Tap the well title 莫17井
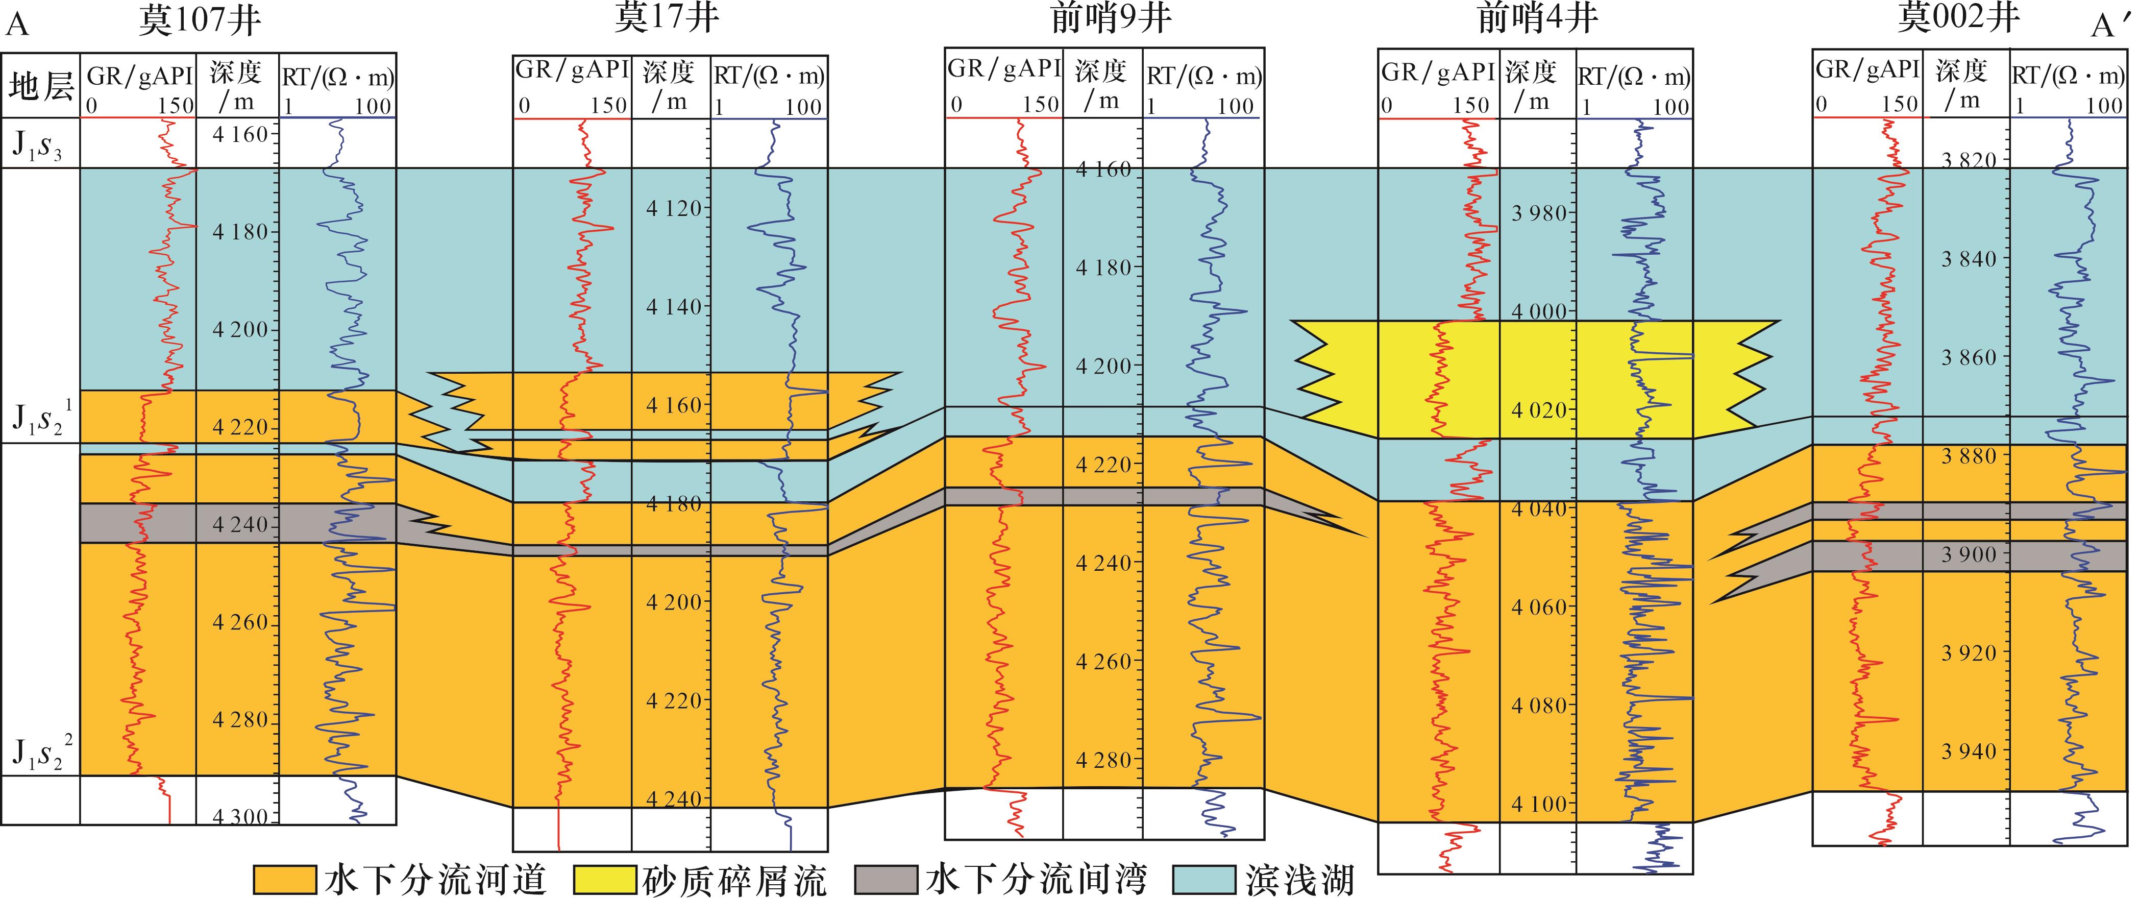tap(666, 18)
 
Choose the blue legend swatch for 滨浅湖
tap(1204, 880)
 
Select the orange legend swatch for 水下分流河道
tap(285, 880)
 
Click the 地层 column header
tap(41, 86)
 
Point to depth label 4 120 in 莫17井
tap(674, 208)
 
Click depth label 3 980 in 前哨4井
tap(1539, 213)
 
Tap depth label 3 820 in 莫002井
tap(1969, 160)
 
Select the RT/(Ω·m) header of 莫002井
tap(2068, 76)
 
